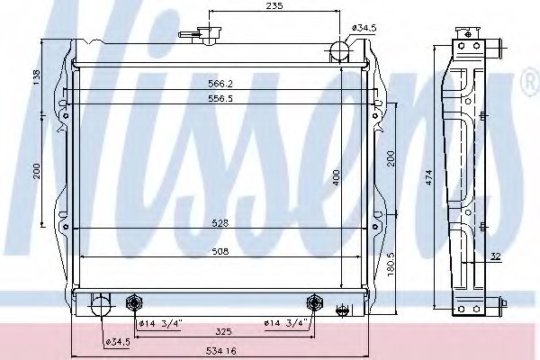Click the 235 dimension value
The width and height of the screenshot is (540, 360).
pyautogui.click(x=274, y=7)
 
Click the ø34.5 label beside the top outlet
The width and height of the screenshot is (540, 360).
pyautogui.click(x=363, y=29)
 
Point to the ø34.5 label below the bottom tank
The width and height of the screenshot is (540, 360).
pyautogui.click(x=120, y=342)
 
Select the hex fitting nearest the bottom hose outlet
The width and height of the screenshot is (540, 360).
pyautogui.click(x=136, y=301)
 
